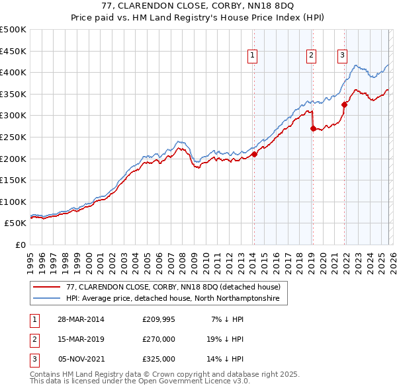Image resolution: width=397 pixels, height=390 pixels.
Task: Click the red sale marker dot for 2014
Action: (x=254, y=155)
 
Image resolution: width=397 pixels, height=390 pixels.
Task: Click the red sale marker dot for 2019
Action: (x=313, y=129)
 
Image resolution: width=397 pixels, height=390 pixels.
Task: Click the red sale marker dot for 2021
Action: (x=344, y=104)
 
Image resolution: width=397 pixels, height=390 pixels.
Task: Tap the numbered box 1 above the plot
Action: (x=253, y=56)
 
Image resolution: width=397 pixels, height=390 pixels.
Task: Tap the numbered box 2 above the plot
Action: (x=311, y=56)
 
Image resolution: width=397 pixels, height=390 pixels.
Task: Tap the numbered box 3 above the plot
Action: (x=343, y=56)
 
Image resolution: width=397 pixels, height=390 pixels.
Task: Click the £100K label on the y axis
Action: (x=14, y=202)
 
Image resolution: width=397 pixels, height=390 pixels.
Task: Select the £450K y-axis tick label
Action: (x=14, y=51)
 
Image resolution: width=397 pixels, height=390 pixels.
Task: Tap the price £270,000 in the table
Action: (x=159, y=339)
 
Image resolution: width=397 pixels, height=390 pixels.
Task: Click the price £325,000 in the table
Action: (x=159, y=359)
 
